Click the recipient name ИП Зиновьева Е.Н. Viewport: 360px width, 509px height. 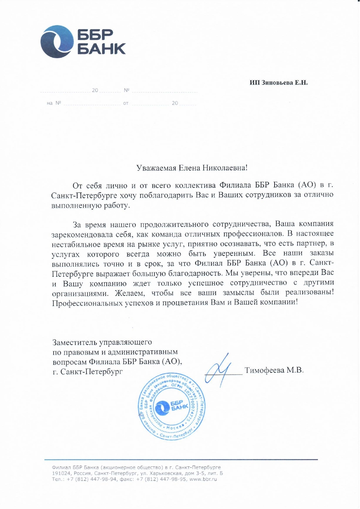[x=279, y=83]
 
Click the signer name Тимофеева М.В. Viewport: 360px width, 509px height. [x=274, y=370]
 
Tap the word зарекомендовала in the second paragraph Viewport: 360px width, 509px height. [x=81, y=234]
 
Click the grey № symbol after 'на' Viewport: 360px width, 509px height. [x=58, y=103]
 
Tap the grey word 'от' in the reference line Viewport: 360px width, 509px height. [x=126, y=103]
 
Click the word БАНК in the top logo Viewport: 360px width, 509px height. [x=101, y=49]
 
